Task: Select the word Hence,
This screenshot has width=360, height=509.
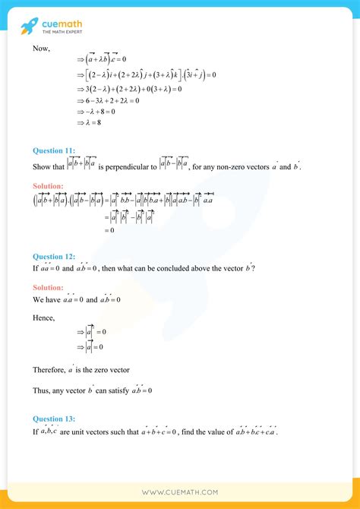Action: [x=44, y=318]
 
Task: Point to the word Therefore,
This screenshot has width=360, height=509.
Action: [x=50, y=370]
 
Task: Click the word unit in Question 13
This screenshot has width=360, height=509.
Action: [x=79, y=432]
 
